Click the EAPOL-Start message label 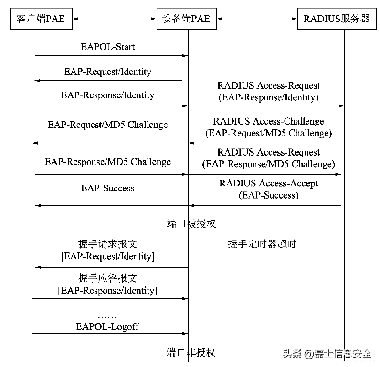coord(107,47)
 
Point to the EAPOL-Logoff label coord(107,326)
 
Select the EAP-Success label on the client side coord(107,188)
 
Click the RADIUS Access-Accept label coord(268,183)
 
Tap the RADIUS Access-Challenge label coord(268,121)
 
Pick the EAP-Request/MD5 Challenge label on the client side coord(107,125)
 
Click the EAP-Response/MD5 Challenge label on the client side coord(107,162)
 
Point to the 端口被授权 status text coord(191,224)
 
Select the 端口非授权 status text coord(191,353)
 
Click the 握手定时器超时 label coord(262,244)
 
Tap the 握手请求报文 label coord(107,244)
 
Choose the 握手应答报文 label coord(107,278)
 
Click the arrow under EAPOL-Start coord(112,56)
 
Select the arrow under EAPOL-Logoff coord(110,333)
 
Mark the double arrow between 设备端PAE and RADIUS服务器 coord(257,19)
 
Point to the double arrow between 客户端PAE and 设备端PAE coord(115,19)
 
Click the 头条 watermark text coord(292,354)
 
